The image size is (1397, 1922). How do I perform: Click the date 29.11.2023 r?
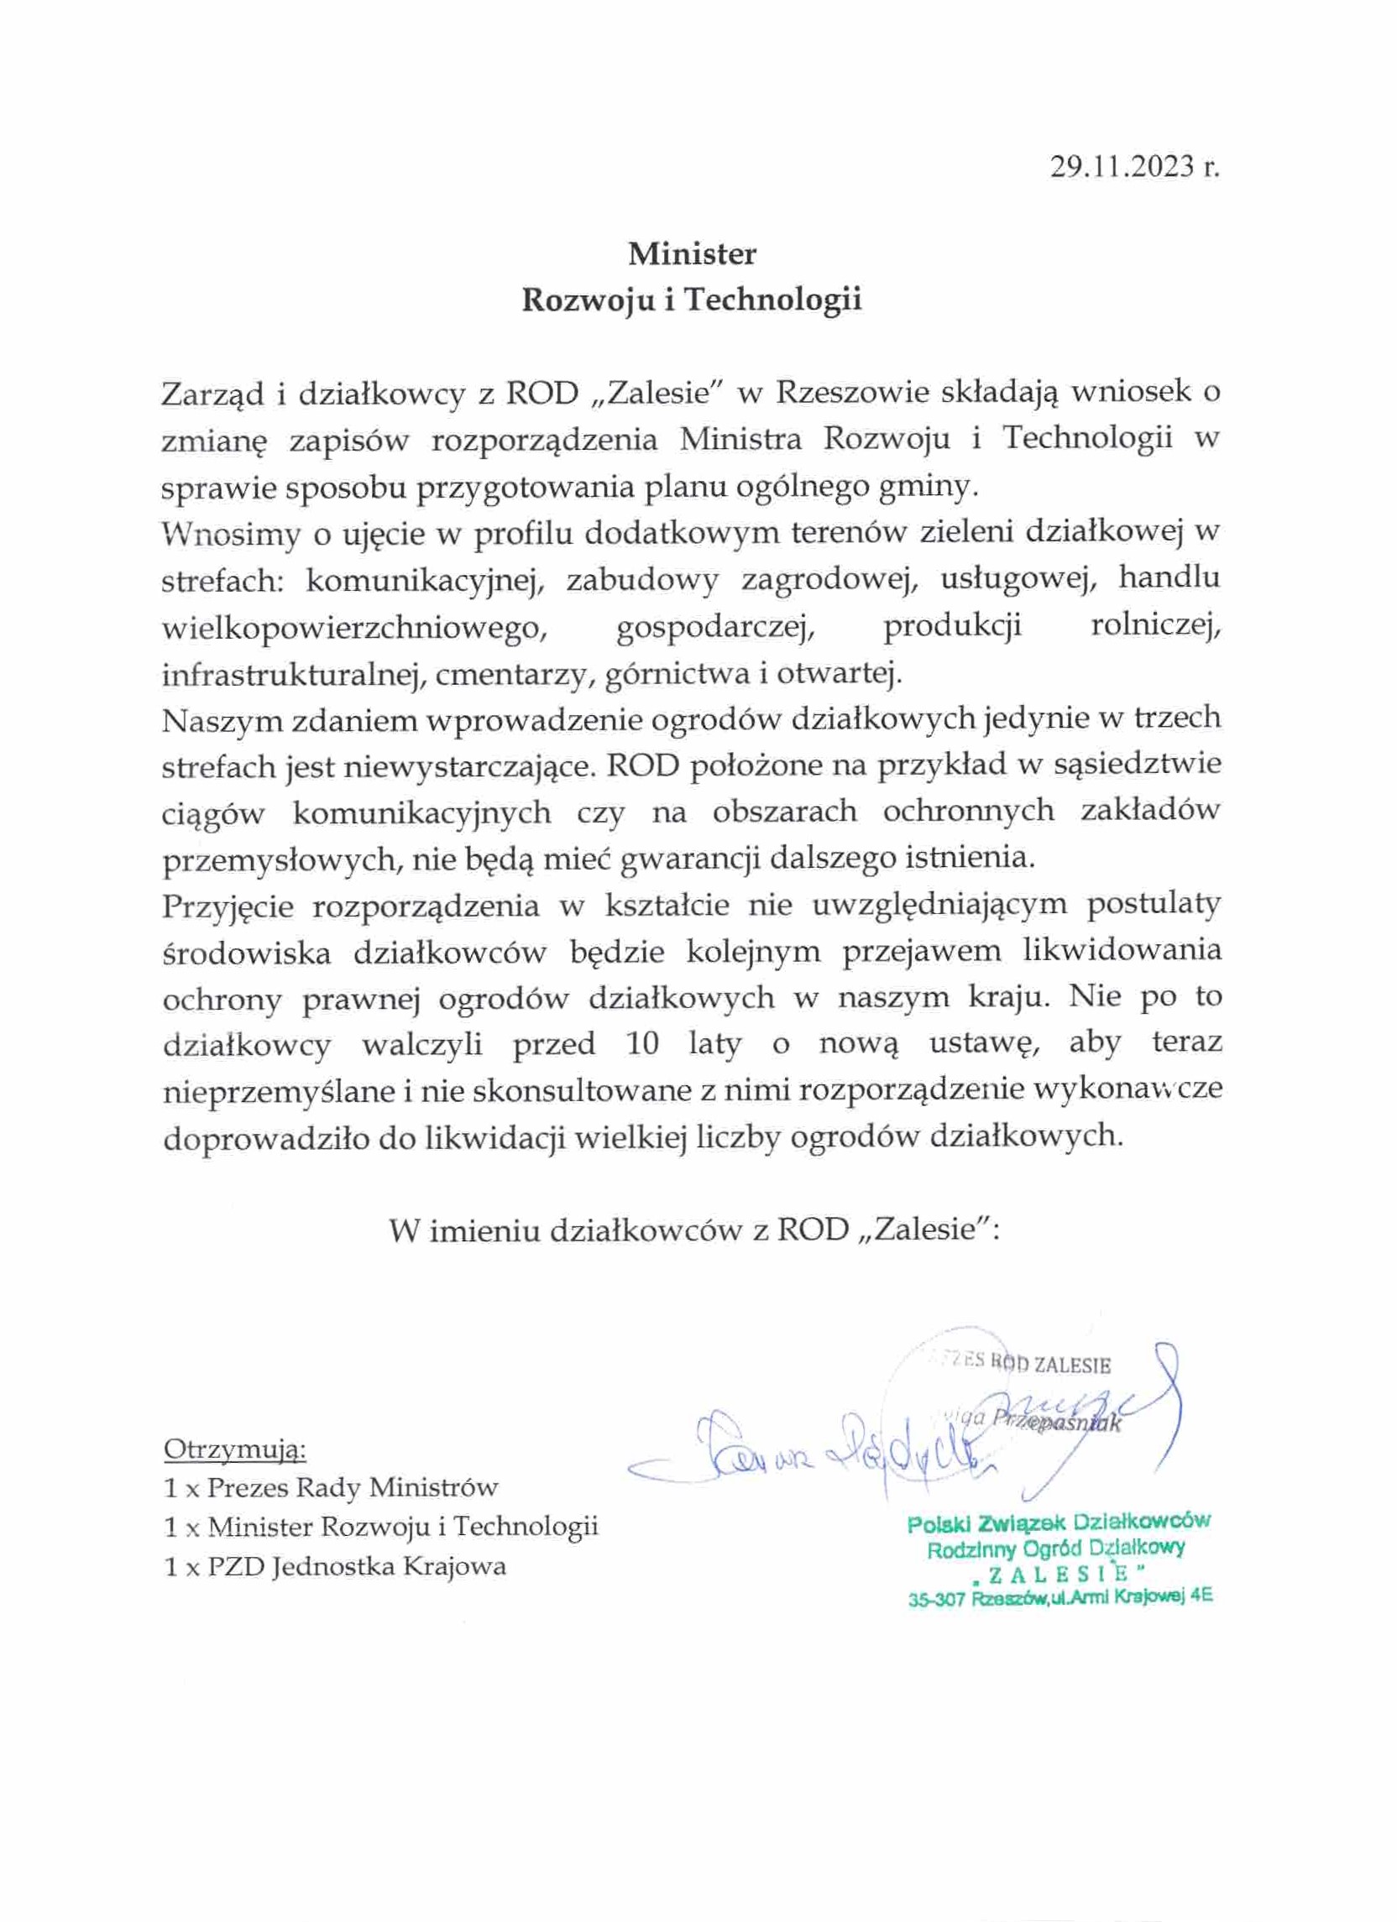[1134, 166]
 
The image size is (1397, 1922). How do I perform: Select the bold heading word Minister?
[692, 253]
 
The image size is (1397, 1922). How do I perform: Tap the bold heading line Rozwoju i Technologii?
[692, 300]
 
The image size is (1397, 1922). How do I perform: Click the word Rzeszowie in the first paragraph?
[852, 394]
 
